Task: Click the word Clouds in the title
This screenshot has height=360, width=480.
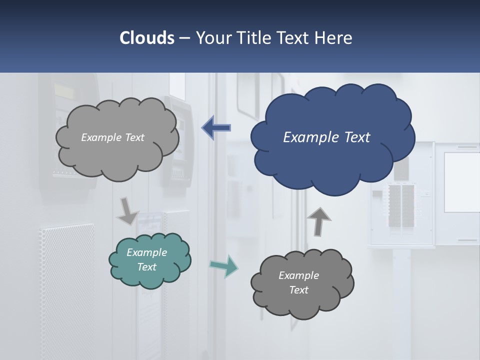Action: point(147,38)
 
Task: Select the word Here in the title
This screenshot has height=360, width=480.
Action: point(334,38)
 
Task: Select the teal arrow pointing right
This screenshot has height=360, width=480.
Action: point(223,265)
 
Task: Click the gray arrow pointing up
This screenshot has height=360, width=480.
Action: point(319,220)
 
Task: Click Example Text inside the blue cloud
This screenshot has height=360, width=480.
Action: point(326,137)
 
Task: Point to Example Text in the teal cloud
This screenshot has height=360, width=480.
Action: point(146,259)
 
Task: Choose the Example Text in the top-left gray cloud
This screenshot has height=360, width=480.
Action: point(112,137)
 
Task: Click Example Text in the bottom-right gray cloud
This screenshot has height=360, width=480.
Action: point(298,282)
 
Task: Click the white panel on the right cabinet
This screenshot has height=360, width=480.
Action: point(461,182)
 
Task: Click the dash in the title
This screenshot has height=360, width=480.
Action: point(184,38)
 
